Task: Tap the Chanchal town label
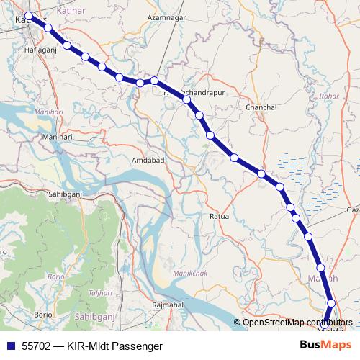click(261, 107)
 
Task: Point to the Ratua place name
click(219, 215)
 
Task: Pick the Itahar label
click(331, 94)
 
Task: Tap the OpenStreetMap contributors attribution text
click(297, 323)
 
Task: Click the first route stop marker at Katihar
click(29, 16)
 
